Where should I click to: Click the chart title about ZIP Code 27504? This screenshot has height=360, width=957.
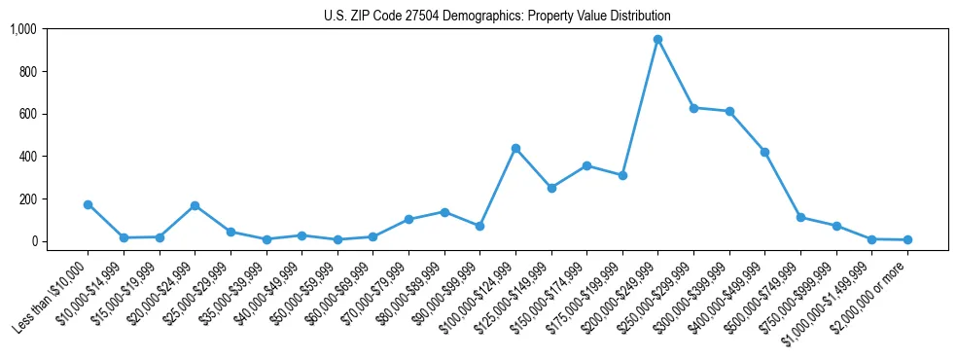click(497, 17)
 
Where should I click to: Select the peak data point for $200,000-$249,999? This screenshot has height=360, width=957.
click(658, 40)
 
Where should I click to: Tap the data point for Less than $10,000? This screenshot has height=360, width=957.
click(88, 204)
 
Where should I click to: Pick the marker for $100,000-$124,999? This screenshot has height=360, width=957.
click(515, 148)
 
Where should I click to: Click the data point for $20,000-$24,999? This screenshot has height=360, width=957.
click(195, 205)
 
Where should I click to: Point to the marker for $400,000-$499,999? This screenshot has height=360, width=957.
click(765, 152)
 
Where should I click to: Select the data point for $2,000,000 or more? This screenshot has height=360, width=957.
click(907, 239)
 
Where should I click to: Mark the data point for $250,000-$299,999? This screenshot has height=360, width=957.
click(693, 108)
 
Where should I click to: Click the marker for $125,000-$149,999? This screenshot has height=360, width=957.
click(551, 188)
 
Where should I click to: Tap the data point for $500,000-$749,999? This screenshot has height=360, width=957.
click(800, 217)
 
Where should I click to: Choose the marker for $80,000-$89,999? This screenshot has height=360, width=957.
click(444, 212)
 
